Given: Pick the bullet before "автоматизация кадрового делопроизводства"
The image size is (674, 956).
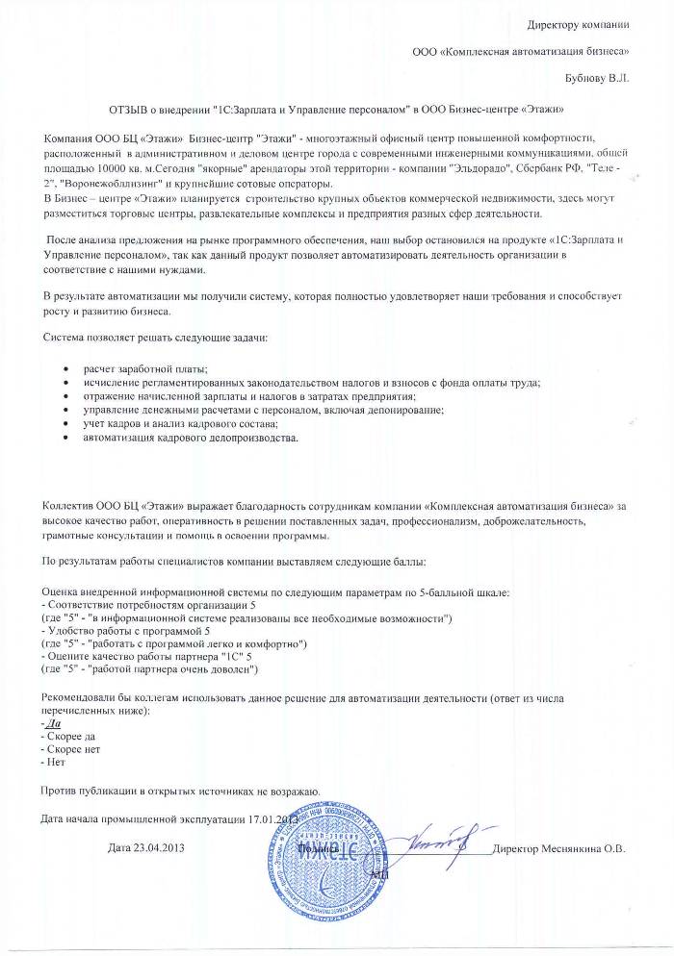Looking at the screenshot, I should point(65,439).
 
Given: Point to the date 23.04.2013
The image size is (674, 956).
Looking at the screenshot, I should point(161,848).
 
